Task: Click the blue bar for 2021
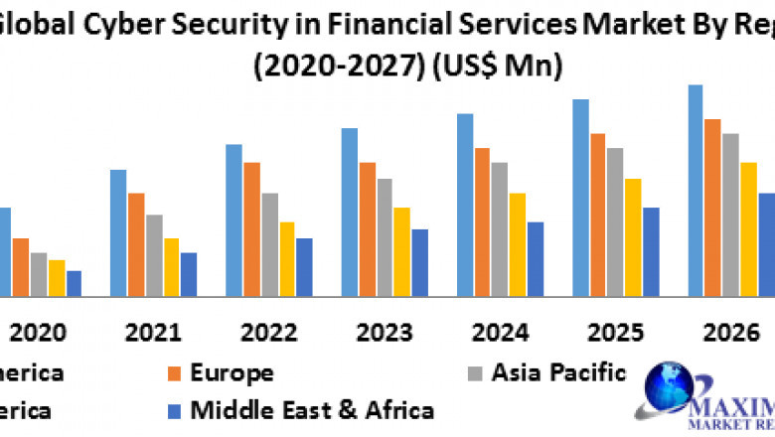(x=118, y=232)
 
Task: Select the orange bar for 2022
(x=252, y=228)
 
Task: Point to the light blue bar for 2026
(x=696, y=190)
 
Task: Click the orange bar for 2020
(x=21, y=266)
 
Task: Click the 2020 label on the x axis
(x=38, y=332)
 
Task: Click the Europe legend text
(x=232, y=373)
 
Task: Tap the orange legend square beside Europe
(x=175, y=373)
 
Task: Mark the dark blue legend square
(x=175, y=410)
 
